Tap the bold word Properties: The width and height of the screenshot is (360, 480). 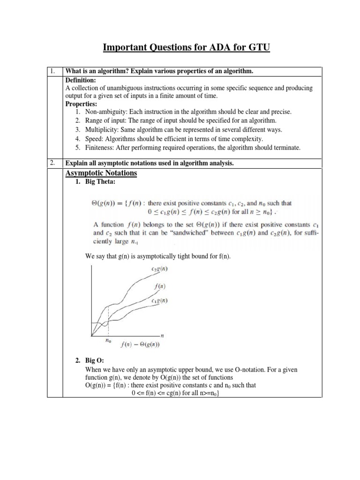point(82,104)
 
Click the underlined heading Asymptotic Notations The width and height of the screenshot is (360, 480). point(101,173)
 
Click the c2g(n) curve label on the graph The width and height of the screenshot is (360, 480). point(160,268)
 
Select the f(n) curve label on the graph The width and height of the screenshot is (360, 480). point(160,286)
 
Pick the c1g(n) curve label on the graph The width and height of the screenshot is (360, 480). point(160,300)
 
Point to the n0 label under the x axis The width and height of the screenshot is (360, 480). point(108,341)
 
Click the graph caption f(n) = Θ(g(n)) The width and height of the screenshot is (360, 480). point(140,345)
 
